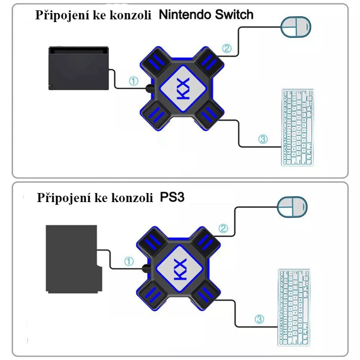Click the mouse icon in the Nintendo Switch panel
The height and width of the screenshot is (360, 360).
[x=296, y=28]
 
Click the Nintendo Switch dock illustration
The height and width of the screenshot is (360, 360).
[x=79, y=68]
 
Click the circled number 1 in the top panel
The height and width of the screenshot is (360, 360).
[x=134, y=82]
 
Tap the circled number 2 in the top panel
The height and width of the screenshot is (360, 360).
[x=227, y=48]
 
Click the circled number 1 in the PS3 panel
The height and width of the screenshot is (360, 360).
[x=129, y=261]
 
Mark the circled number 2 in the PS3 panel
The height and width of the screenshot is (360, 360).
[x=223, y=228]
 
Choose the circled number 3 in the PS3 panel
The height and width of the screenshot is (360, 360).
[x=259, y=318]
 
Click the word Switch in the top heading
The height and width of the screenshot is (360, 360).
[x=231, y=14]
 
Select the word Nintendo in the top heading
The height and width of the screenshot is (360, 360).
[x=182, y=14]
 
